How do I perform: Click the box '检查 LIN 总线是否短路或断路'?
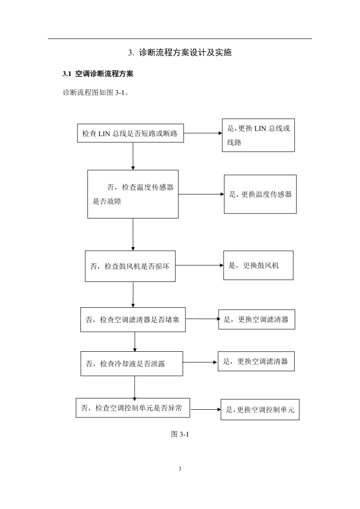(130, 133)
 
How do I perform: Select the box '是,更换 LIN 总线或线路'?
(258, 135)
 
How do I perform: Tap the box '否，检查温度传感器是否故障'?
(133, 194)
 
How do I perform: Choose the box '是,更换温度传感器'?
(260, 194)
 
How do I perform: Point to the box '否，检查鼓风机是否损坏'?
(130, 266)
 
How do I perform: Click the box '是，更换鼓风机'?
(258, 265)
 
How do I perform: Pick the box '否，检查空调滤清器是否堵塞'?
(133, 320)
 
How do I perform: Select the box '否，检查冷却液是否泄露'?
(132, 364)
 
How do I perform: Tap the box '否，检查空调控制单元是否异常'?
(133, 408)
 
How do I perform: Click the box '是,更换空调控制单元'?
(260, 410)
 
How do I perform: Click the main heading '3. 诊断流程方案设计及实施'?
(180, 53)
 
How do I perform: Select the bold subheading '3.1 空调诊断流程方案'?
(98, 74)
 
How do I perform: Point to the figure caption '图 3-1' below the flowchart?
(180, 434)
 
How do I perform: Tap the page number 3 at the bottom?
(180, 469)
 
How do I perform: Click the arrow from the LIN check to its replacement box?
(203, 133)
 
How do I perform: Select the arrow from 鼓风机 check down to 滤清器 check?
(133, 295)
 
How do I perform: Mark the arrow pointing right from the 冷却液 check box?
(200, 362)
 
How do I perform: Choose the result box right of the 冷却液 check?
(256, 361)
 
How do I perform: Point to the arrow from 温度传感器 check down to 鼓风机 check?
(133, 234)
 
